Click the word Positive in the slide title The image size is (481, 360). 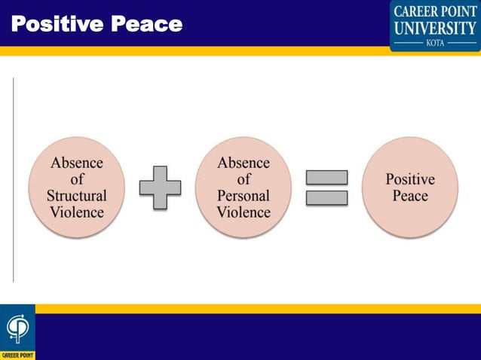[57, 25]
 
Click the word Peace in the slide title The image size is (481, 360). [147, 25]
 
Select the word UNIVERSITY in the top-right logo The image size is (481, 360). [435, 28]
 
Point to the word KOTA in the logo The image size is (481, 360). [436, 44]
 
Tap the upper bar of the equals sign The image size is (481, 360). [326, 178]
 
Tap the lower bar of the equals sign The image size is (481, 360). [326, 198]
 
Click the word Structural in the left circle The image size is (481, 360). [77, 195]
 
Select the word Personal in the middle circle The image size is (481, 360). [244, 195]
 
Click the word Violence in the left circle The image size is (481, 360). [77, 212]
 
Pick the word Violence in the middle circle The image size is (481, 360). [244, 212]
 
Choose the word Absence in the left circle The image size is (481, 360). [77, 163]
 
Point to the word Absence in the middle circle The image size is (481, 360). [244, 163]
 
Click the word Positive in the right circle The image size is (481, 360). [410, 179]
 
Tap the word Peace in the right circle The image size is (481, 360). [410, 196]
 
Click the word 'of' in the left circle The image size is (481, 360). [77, 179]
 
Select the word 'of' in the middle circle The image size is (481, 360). [244, 179]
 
